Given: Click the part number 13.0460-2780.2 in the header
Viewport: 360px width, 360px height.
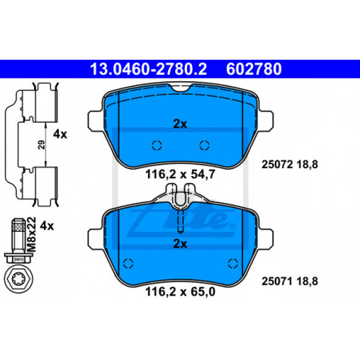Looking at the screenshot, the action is (x=148, y=69).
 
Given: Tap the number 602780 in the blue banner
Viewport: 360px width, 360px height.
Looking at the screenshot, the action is (x=254, y=69).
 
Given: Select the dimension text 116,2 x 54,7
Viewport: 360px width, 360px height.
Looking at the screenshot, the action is (x=180, y=174).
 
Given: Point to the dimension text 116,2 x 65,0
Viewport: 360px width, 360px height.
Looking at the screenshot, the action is (x=180, y=292).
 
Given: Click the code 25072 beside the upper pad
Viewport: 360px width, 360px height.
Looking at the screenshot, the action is (x=277, y=164).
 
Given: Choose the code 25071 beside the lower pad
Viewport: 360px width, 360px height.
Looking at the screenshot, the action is (x=277, y=281).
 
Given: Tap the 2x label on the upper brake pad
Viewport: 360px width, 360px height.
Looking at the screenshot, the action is (x=180, y=124).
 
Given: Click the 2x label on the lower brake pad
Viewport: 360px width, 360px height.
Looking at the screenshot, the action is (x=180, y=244).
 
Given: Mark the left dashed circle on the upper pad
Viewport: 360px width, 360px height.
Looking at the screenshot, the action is (x=157, y=145).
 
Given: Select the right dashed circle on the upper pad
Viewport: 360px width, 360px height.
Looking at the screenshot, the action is (x=205, y=145).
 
